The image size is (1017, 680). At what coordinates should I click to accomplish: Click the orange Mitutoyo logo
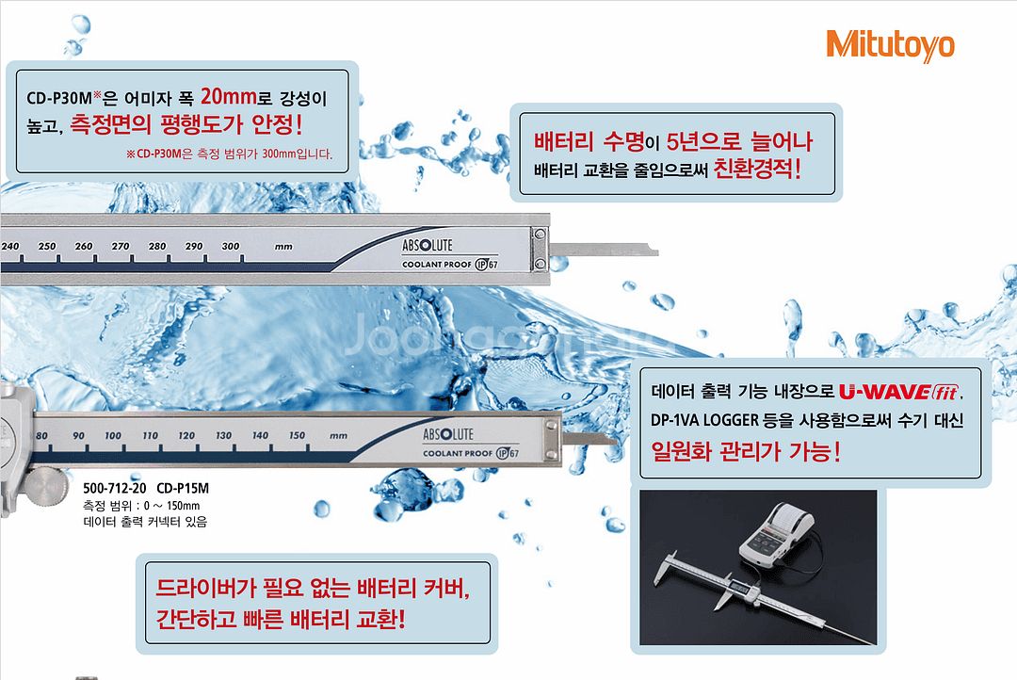pos(890,45)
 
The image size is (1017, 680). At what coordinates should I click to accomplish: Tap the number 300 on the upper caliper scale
pos(231,247)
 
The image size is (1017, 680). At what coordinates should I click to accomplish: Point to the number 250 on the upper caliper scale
pos(47,247)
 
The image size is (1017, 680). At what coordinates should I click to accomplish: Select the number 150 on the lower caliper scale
pos(297,435)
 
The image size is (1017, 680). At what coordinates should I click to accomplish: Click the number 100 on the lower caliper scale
pos(113,435)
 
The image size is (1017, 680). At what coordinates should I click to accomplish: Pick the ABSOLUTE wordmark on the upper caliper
pos(428,245)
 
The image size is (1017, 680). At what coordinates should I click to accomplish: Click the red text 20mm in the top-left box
pos(228,97)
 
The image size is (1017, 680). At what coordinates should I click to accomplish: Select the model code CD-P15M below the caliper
pos(183,488)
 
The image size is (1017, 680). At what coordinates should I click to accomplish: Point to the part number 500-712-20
pos(115,488)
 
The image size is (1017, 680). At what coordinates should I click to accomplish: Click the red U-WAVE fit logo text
pos(899,392)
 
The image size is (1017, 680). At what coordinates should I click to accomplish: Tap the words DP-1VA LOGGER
pos(704,420)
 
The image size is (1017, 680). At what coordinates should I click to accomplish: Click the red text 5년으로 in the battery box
pos(703,140)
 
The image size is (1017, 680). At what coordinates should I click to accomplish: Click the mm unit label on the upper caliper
pos(283,247)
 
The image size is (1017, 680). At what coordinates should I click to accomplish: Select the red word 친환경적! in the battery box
pos(757,170)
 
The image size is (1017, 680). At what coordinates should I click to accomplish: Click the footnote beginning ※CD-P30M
pos(229,154)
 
